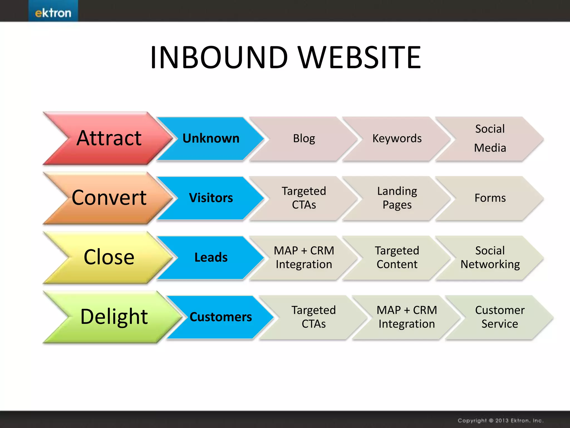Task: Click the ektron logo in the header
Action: click(53, 13)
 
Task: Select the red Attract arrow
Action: click(109, 138)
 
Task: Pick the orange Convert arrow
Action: click(109, 198)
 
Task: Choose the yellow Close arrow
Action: click(109, 257)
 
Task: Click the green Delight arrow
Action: click(114, 317)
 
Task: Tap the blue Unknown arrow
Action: click(211, 138)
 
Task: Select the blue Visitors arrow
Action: click(211, 198)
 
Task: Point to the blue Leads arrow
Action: click(211, 257)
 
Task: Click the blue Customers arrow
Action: click(220, 317)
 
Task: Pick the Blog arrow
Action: click(304, 138)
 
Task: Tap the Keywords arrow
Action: click(397, 138)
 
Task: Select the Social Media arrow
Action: click(490, 138)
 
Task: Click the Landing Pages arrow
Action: click(397, 198)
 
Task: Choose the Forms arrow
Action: click(490, 198)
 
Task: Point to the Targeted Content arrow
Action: click(397, 257)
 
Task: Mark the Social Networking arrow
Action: click(490, 257)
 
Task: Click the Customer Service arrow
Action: click(500, 317)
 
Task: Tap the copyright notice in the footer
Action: click(500, 420)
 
